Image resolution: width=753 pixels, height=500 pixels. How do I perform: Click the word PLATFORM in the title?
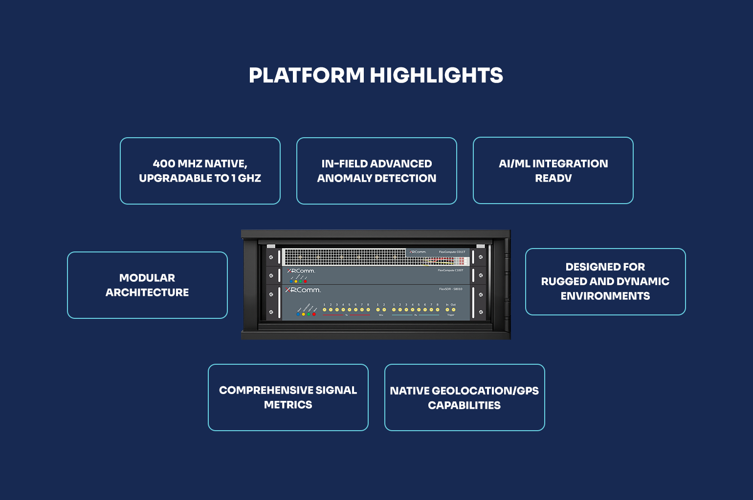[x=307, y=76]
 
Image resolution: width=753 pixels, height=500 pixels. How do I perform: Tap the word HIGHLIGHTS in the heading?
[x=436, y=76]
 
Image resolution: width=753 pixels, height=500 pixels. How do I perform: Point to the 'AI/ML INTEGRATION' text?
[x=553, y=164]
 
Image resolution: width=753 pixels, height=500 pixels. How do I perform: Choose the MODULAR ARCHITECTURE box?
[x=147, y=285]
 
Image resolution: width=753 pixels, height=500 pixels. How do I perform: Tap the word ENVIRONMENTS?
[x=605, y=296]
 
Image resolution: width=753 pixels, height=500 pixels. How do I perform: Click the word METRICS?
[x=288, y=405]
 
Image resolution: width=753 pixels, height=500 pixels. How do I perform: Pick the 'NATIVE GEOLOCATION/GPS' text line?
[x=464, y=391]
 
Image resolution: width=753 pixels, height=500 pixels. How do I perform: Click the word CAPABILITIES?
[x=464, y=406]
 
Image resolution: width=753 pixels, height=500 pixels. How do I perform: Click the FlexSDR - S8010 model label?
[x=450, y=289]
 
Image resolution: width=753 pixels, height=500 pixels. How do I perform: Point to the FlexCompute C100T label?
[x=450, y=270]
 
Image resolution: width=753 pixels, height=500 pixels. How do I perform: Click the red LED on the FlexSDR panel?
[x=314, y=314]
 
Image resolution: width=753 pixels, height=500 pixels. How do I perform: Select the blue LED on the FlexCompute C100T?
[x=291, y=281]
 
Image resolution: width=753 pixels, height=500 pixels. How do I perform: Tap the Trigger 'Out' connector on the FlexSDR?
[x=453, y=310]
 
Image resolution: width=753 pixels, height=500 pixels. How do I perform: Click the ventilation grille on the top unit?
[x=342, y=256]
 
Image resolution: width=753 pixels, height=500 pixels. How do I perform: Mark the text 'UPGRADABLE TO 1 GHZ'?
[x=200, y=179]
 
